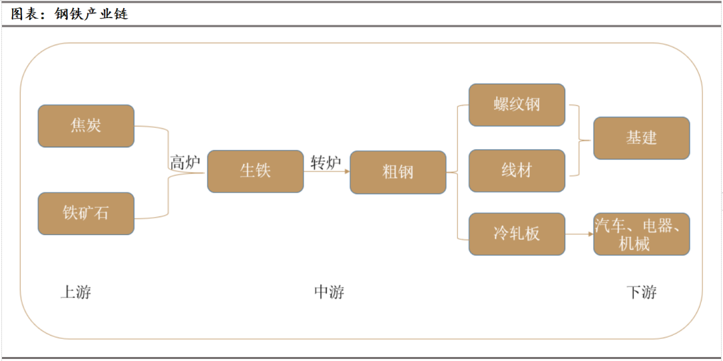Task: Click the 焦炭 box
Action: point(86,126)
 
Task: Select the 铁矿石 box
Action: point(86,214)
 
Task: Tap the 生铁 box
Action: point(255,171)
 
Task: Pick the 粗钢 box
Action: point(398,172)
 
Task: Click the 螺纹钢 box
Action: point(517,105)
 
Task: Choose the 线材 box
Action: point(517,171)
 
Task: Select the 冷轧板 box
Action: point(517,234)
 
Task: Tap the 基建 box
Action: point(641,138)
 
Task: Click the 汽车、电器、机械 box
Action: point(641,234)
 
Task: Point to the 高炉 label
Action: point(185,163)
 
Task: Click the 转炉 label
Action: point(326,163)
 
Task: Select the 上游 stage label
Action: point(76,292)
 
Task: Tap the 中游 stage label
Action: point(329,292)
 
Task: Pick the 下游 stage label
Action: point(641,292)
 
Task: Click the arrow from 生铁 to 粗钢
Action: point(327,172)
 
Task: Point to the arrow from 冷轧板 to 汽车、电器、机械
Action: point(579,234)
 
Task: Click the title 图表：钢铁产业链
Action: point(70,13)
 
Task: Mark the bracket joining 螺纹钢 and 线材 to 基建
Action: point(580,140)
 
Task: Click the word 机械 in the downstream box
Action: point(634,244)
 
